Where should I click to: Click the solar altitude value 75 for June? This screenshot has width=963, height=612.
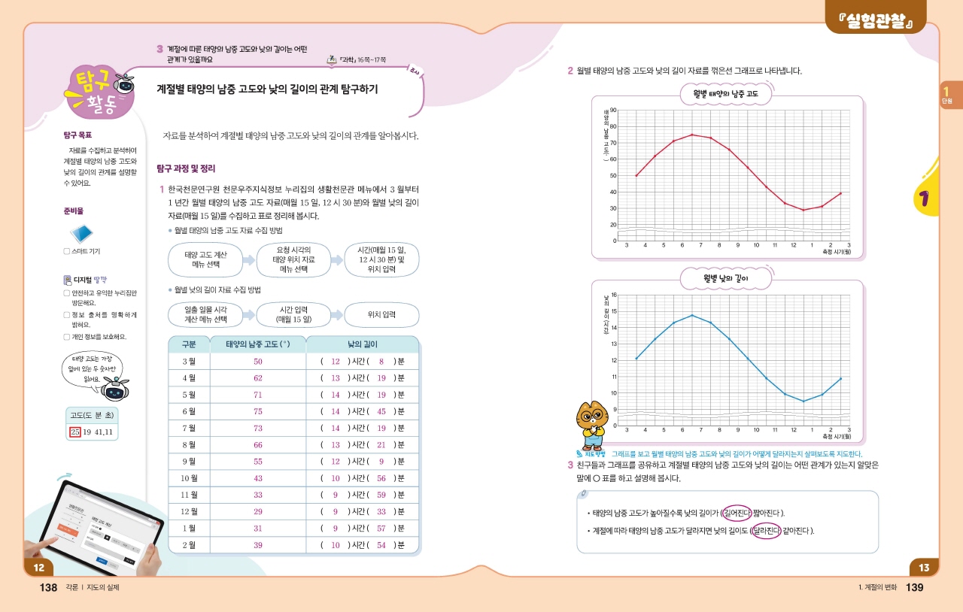258,411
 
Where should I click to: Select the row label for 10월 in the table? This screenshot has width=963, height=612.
189,478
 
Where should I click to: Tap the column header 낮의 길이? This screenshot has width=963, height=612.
362,344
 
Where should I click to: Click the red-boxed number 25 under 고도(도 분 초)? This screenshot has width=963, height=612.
74,432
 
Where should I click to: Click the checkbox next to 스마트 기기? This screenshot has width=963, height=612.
67,251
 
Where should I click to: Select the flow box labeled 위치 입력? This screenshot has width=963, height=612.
381,315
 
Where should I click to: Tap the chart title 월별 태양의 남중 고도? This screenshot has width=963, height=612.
725,94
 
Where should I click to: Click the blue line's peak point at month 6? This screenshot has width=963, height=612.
692,315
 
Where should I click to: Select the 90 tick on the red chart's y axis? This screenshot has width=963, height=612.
613,111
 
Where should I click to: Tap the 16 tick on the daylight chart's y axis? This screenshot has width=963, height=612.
613,295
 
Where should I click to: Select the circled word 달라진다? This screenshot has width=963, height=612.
766,531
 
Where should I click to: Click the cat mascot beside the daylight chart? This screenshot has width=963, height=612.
591,426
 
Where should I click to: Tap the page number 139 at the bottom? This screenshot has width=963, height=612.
914,587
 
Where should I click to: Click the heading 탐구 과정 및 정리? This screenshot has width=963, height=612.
187,168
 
